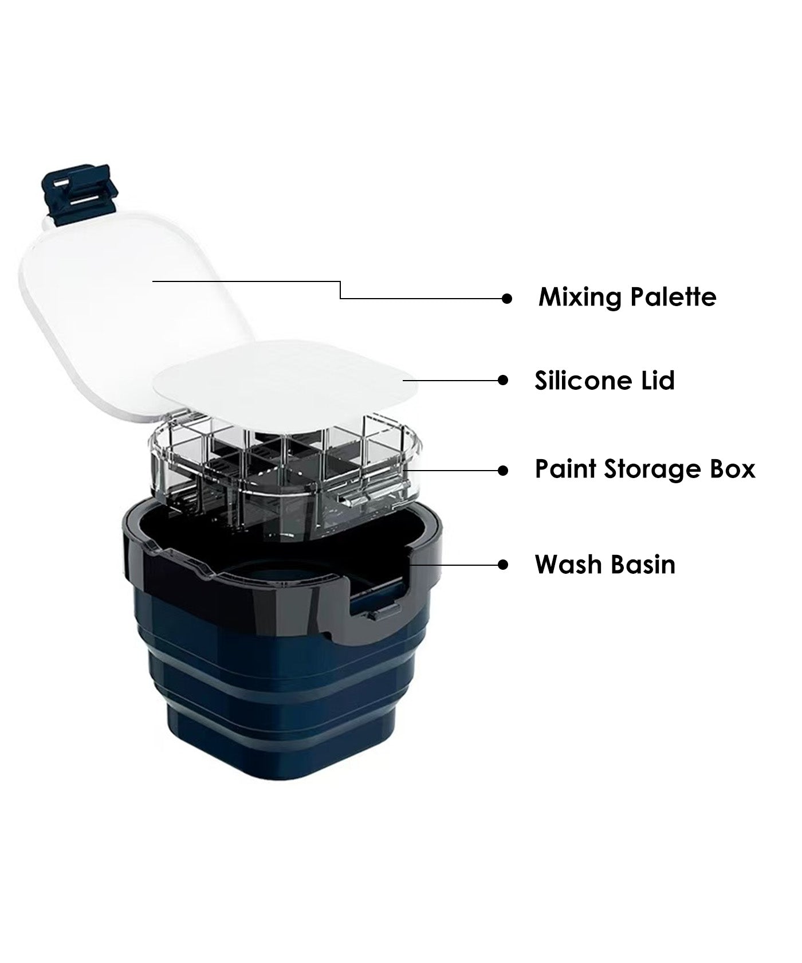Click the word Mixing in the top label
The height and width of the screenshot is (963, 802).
[x=580, y=298]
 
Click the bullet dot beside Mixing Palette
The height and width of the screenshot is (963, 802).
[x=506, y=298]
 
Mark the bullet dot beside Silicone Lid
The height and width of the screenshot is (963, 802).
[x=504, y=379]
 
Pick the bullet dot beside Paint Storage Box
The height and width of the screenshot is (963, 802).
[x=503, y=470]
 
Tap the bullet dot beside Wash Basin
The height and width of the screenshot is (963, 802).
[x=503, y=565]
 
